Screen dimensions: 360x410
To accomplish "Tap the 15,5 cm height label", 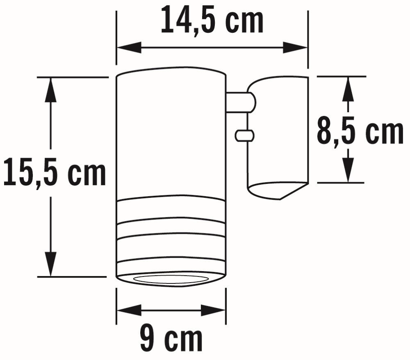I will point(54,174).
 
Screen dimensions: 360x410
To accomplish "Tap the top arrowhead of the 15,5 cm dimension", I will point(51,90).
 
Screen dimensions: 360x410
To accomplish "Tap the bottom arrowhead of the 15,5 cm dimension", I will point(51,265).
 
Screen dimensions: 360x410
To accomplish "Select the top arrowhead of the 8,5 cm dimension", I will point(348,88).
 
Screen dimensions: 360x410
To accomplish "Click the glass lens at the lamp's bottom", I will point(171,279).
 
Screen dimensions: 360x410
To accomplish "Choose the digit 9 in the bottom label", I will point(148,338).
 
